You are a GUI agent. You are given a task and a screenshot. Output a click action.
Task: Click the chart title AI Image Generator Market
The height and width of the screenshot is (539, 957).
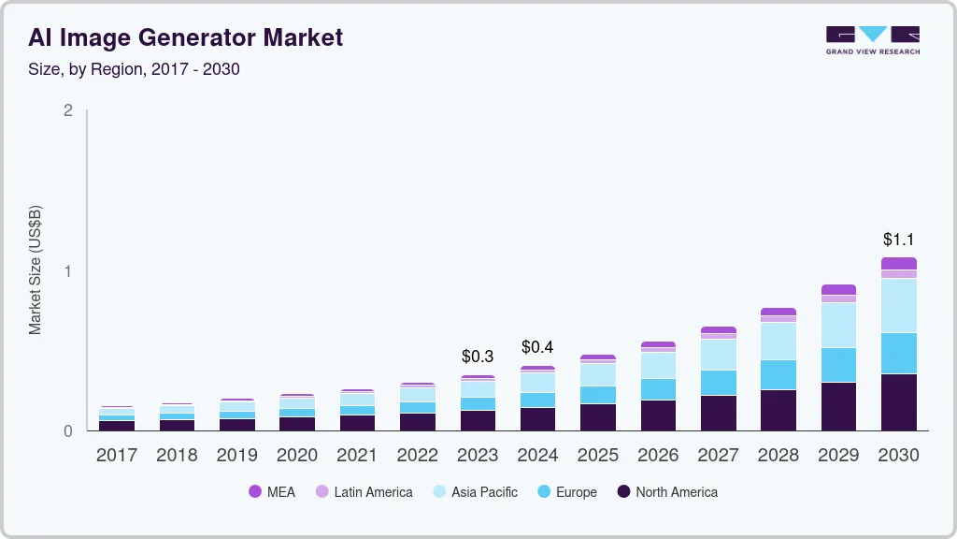click(x=185, y=37)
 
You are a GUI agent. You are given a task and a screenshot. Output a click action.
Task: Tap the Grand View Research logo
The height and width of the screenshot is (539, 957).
click(x=872, y=39)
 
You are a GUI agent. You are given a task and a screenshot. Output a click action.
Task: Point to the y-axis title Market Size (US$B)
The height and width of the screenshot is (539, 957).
click(x=36, y=269)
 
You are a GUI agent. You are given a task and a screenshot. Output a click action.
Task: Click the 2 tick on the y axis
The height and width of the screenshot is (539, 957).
click(x=67, y=110)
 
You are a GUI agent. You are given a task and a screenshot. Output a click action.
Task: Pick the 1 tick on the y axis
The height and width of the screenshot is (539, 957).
click(x=67, y=271)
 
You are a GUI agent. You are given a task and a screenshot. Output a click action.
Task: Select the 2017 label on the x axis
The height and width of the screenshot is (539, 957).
click(x=117, y=456)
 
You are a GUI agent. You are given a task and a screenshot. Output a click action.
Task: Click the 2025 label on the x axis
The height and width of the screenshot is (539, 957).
click(x=598, y=456)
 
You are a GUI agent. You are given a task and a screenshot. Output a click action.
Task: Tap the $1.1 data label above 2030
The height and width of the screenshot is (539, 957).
click(x=898, y=240)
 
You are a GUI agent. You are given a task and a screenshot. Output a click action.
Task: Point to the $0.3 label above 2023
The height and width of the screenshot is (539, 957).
click(x=478, y=357)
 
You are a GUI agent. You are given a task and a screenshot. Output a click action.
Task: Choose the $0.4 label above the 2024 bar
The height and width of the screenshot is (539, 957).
click(x=537, y=347)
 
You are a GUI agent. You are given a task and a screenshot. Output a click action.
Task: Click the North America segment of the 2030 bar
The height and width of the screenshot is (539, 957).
click(x=898, y=402)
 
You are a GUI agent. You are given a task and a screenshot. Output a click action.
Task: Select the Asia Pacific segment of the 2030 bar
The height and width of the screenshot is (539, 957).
click(x=898, y=305)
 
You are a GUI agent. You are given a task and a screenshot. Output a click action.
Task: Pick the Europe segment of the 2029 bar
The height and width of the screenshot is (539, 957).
click(x=838, y=365)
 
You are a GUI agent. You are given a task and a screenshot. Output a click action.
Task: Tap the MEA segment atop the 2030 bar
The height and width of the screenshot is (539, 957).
click(x=898, y=264)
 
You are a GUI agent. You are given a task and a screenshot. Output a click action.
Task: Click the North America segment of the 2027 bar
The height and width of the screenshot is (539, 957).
click(x=719, y=413)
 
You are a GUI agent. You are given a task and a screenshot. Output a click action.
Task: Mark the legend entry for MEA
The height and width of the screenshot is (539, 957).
click(x=272, y=492)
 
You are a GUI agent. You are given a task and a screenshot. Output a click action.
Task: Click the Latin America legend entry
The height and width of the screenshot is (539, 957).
click(x=364, y=492)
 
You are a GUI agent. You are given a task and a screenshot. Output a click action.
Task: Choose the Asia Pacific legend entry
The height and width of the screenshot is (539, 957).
click(x=474, y=492)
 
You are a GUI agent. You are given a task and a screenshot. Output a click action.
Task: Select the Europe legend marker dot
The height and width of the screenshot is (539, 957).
click(x=543, y=492)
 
